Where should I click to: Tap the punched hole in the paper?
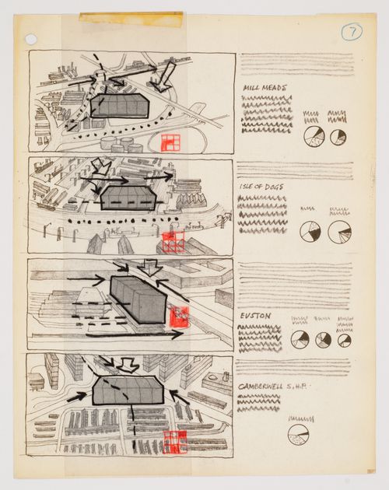(30, 39)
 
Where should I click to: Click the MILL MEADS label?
(264, 88)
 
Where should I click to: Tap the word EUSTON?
(254, 317)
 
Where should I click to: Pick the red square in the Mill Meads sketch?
(169, 142)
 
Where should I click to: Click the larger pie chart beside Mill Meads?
(313, 138)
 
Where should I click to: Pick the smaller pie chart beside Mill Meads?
(338, 137)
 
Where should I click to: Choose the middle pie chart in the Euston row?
(323, 340)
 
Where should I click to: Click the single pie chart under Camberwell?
(298, 434)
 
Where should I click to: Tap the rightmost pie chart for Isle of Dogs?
(339, 232)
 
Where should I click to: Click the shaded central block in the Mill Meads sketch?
(119, 106)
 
